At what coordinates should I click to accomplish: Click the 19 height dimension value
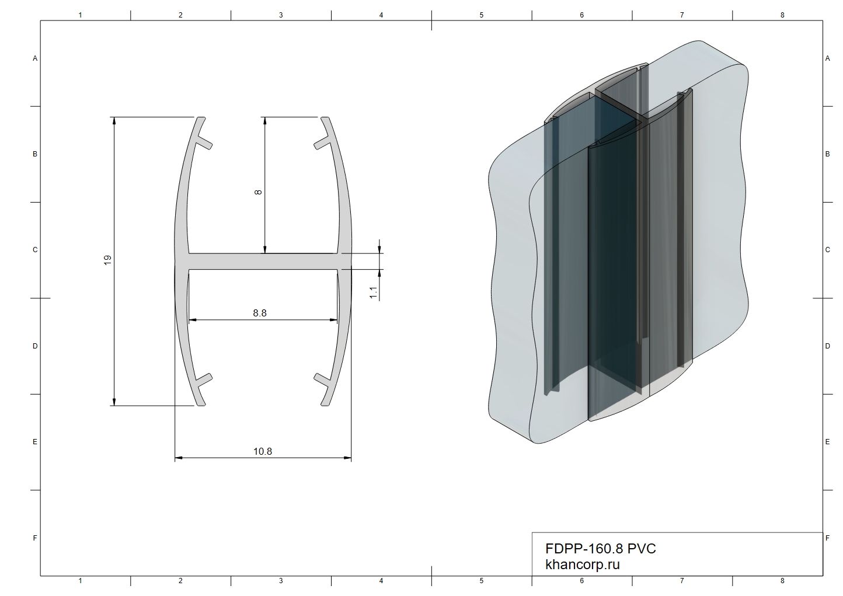click(x=107, y=260)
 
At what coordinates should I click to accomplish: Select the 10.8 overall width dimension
click(x=263, y=451)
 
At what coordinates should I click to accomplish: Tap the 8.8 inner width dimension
click(x=260, y=313)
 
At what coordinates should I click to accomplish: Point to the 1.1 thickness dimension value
click(x=373, y=292)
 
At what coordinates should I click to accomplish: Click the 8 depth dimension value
click(x=258, y=192)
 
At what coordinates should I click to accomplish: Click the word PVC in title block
click(x=642, y=549)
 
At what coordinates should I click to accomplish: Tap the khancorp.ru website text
click(x=582, y=564)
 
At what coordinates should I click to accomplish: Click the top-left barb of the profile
click(x=204, y=143)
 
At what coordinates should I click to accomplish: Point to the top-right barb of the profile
click(x=322, y=143)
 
